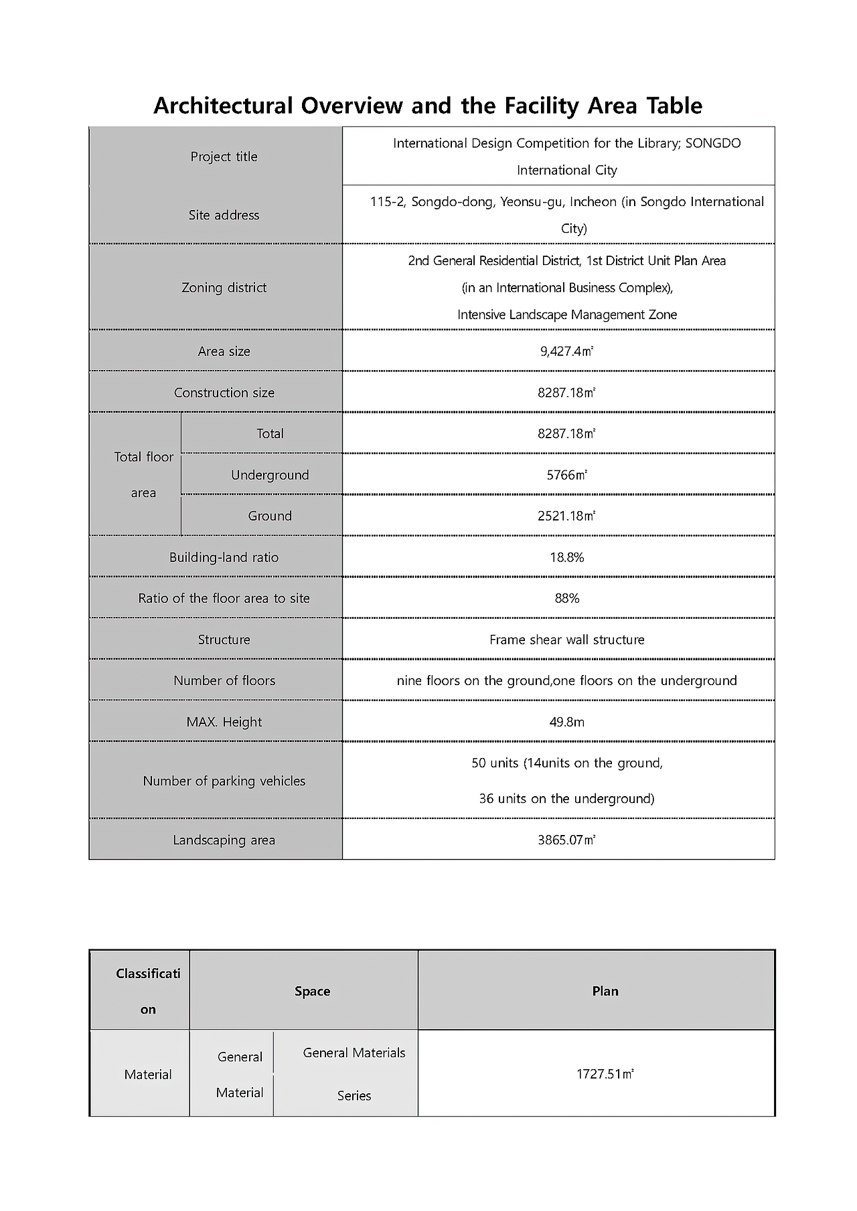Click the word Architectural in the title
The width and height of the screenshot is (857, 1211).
[224, 106]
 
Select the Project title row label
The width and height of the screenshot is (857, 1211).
[224, 157]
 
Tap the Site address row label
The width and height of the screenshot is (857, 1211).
[224, 215]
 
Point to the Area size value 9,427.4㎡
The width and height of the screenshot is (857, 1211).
[566, 351]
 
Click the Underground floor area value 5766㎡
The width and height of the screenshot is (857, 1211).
[566, 475]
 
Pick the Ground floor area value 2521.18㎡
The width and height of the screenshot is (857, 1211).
[566, 516]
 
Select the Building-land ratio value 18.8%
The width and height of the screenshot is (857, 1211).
[566, 557]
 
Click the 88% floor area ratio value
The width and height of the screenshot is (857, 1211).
[566, 598]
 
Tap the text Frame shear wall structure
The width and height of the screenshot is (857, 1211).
[566, 640]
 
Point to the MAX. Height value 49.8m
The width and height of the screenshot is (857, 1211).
[566, 722]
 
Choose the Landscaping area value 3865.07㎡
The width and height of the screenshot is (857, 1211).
[566, 840]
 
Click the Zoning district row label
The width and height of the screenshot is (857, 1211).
[224, 288]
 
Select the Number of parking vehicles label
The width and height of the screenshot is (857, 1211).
[224, 781]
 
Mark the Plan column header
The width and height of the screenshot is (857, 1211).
[605, 991]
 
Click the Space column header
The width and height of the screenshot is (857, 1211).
[312, 991]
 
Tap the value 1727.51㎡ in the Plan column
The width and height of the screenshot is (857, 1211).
[605, 1074]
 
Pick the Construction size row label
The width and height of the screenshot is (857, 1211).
[224, 393]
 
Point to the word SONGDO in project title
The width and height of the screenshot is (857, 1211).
[713, 143]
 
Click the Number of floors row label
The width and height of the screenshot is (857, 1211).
[224, 680]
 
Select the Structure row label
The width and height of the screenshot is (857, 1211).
[224, 640]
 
